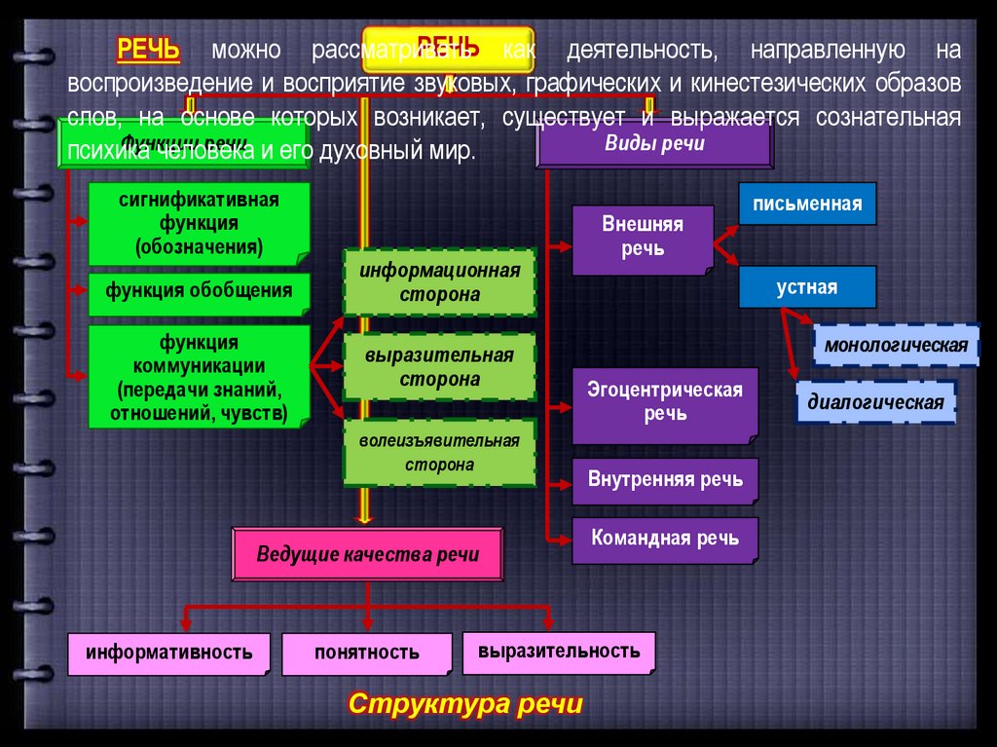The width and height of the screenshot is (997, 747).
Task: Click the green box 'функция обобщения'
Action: [x=200, y=292]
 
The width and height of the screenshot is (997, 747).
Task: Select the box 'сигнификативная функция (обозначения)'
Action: [x=200, y=224]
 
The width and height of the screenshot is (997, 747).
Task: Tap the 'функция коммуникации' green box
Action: [x=200, y=378]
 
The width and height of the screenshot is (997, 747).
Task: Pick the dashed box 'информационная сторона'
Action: [x=439, y=282]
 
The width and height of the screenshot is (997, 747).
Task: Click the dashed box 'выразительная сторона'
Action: [x=439, y=367]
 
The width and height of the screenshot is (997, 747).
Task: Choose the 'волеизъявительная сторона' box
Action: [x=439, y=453]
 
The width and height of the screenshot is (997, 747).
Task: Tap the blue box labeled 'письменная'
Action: [x=807, y=205]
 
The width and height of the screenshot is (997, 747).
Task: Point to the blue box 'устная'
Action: [x=807, y=287]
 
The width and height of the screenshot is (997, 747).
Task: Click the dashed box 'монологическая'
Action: [x=896, y=345]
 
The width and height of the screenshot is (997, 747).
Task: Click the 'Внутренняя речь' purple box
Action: [x=665, y=480]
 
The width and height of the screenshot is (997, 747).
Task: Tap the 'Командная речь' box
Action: [x=664, y=539]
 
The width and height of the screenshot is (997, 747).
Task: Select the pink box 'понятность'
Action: [x=367, y=653]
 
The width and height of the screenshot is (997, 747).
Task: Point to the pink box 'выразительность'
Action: [x=559, y=651]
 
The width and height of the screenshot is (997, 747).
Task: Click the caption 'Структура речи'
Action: [x=465, y=704]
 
